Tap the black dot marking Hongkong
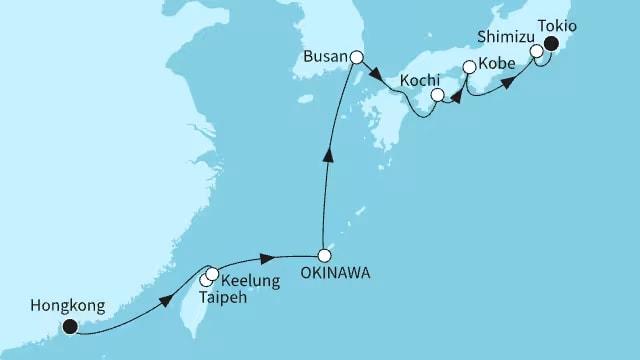[x=70, y=325]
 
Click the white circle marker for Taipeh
[x=206, y=280]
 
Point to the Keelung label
[x=250, y=281]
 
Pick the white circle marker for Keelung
[x=212, y=273]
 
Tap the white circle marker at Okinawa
[x=323, y=254]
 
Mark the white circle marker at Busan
[x=356, y=58]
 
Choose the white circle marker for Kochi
[x=436, y=96]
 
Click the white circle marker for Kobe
[x=468, y=67]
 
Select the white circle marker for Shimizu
[x=536, y=50]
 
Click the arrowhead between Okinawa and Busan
[x=327, y=155]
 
